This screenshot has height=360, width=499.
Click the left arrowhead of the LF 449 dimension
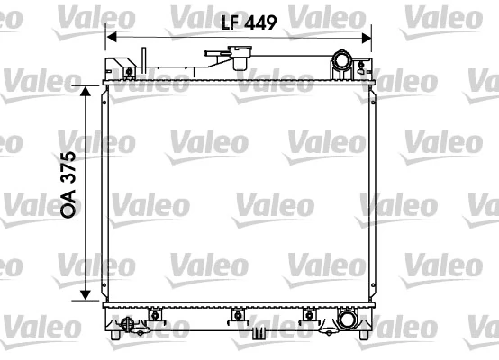[x=110, y=37]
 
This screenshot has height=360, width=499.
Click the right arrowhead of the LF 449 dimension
[x=367, y=37]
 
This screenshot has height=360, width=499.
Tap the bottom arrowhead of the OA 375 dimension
[x=85, y=296]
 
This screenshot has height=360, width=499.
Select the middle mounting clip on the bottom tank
[x=238, y=314]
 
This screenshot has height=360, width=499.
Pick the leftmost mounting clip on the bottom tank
[x=154, y=314]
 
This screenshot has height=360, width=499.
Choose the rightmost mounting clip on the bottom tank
[x=309, y=314]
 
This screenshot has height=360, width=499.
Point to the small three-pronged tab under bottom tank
[x=259, y=333]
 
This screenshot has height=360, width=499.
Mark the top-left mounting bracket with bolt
[x=127, y=69]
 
